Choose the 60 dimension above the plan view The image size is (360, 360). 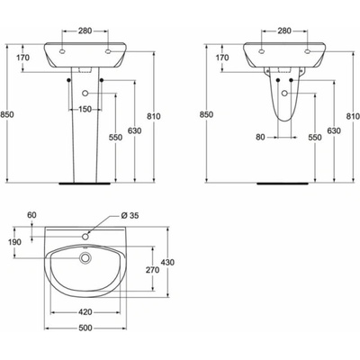pos(32,215)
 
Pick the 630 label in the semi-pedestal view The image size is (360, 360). pos(335,131)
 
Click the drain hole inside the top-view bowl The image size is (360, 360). pos(85,258)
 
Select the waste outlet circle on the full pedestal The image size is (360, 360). pos(85,93)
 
